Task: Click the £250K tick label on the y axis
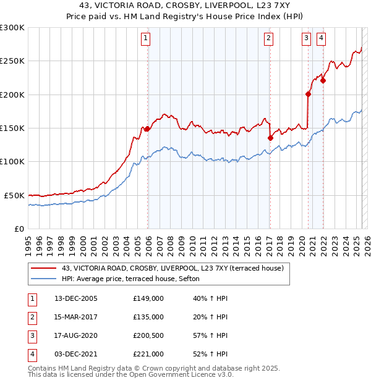pos(12,61)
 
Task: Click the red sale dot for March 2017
pos(270,138)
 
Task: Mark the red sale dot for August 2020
pos(308,95)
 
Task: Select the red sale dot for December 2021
pos(323,80)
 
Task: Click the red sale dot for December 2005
pos(147,129)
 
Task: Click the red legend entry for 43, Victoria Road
pos(172,268)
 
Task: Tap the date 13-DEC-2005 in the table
pos(76,298)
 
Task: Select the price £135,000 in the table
pos(148,317)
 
